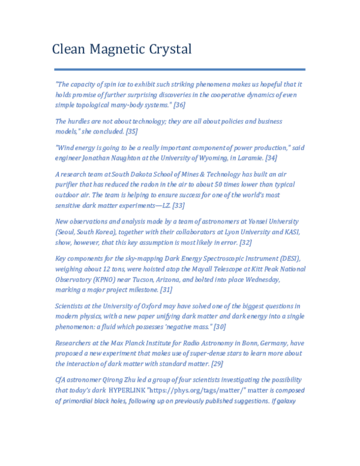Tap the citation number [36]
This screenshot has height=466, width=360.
point(179,105)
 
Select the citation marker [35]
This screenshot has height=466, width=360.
point(132,132)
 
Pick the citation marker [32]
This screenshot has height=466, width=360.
point(245,243)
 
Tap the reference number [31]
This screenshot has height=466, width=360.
point(166,289)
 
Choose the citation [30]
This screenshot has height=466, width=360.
point(220,327)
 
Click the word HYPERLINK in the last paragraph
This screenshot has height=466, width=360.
point(131,390)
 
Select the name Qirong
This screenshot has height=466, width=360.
point(116,380)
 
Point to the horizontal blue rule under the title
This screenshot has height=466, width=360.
point(179,69)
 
